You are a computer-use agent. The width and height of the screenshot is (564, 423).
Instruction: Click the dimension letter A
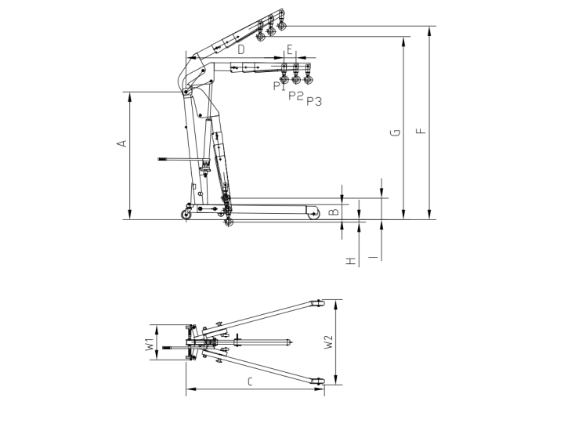tap(121, 144)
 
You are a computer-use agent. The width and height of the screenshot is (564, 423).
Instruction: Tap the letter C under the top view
tap(249, 382)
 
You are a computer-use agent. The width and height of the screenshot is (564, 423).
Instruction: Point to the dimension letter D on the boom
tap(240, 49)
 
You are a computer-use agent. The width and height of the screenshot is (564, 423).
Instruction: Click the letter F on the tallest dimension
tap(421, 130)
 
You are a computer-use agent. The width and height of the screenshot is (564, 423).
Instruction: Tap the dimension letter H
tap(351, 259)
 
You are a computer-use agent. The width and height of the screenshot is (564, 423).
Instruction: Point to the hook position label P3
tap(313, 101)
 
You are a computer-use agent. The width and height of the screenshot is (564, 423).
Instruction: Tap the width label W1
tap(147, 343)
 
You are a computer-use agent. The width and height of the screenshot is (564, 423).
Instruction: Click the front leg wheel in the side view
tap(314, 212)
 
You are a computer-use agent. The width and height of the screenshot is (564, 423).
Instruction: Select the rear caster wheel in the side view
tap(187, 215)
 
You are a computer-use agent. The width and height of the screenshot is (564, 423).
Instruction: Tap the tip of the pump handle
tap(160, 160)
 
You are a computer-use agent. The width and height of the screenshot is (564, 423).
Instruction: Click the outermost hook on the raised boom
tap(281, 27)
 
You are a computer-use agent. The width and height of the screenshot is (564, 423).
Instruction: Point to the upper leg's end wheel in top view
tap(318, 303)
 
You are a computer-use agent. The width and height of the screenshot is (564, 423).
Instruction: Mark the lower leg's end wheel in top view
tap(319, 382)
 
